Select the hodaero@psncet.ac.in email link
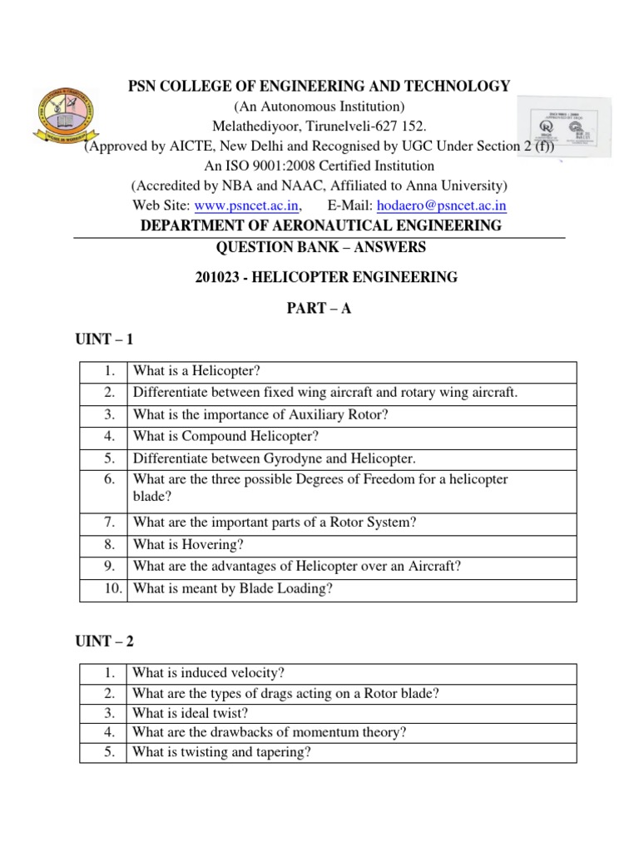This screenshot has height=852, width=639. tap(442, 206)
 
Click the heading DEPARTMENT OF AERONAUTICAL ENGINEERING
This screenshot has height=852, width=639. tap(320, 226)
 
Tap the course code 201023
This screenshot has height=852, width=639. tap(219, 278)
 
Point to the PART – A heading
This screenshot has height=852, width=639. tap(320, 310)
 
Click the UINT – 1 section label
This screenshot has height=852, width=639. tap(104, 340)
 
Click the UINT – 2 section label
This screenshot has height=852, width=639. tap(104, 641)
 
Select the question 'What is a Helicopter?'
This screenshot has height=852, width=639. tap(202, 371)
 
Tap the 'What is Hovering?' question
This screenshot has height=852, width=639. tap(187, 545)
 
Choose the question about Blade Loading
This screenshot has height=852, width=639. tap(232, 589)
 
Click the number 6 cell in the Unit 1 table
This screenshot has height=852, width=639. tap(108, 480)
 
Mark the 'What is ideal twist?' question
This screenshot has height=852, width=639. tap(191, 713)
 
